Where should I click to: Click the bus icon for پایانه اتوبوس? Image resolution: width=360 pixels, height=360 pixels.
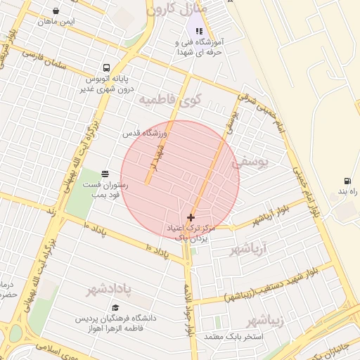pos(105,68)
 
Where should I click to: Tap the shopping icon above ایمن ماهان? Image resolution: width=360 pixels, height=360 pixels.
pos(56,11)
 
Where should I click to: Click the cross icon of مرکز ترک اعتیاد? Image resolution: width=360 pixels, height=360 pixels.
pos(191,218)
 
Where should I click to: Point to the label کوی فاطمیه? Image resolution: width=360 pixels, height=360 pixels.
pos(169,100)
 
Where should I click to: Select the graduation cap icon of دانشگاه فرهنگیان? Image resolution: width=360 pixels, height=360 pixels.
pos(115,308)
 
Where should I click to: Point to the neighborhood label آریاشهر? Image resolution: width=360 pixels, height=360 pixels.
pos(254,249)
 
